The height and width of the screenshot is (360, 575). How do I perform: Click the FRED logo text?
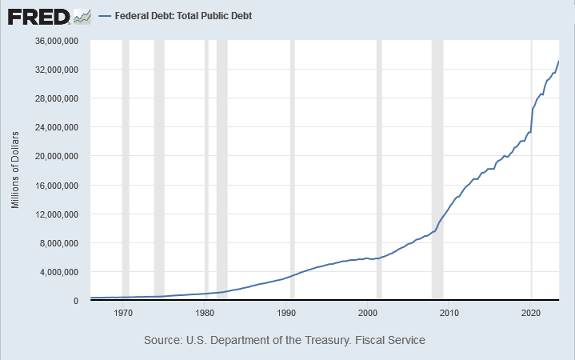[38, 17]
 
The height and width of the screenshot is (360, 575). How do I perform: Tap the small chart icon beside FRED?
[82, 17]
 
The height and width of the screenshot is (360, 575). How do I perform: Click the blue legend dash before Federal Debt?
[105, 16]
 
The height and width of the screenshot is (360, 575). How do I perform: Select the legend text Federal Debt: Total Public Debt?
[183, 16]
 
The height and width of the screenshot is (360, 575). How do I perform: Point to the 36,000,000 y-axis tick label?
[57, 41]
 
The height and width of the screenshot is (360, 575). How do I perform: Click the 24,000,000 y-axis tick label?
[57, 127]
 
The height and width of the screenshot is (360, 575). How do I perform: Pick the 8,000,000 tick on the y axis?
[58, 243]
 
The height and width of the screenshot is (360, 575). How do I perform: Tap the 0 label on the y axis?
[75, 301]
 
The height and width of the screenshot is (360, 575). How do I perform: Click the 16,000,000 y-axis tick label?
[57, 186]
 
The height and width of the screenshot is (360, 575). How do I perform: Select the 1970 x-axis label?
[123, 313]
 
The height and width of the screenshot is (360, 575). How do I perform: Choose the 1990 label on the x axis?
[286, 313]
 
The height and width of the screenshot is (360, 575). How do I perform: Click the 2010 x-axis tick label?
[449, 313]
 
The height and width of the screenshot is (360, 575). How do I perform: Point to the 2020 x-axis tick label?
[531, 313]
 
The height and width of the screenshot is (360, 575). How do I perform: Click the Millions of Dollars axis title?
[15, 170]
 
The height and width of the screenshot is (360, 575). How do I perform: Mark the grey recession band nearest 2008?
[437, 170]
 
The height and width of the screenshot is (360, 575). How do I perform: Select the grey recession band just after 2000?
[379, 170]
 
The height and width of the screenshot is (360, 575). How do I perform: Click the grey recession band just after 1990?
[292, 170]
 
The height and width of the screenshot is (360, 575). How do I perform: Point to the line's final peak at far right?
[558, 61]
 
